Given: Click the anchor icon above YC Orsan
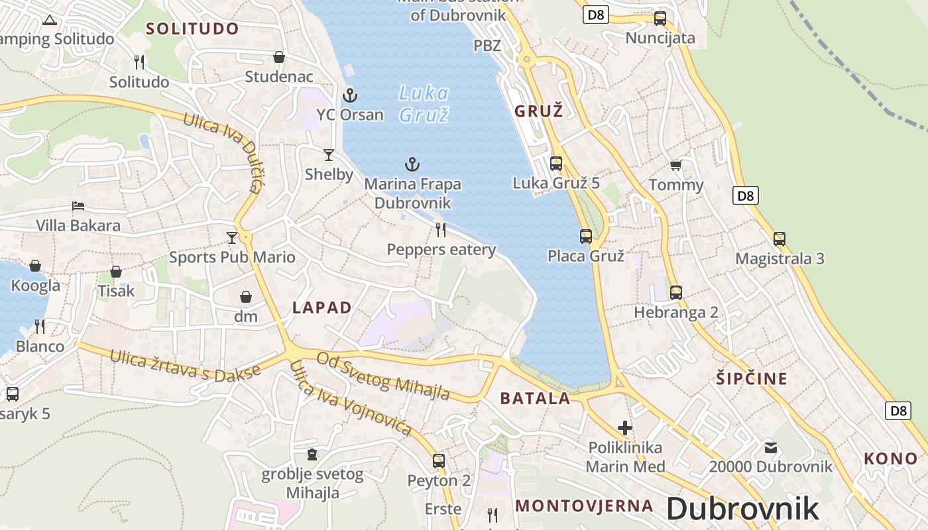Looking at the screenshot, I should point(349,96).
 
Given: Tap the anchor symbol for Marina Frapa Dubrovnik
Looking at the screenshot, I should point(412,164).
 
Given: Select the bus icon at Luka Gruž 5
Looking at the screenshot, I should point(556,163).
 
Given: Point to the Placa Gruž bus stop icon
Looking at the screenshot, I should point(586,236).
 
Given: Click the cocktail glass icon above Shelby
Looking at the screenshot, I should point(329,155).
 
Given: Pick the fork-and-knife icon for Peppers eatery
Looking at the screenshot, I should point(441,230).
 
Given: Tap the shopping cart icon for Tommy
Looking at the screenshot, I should point(675,165).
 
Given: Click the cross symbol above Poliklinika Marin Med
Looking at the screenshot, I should point(625,428).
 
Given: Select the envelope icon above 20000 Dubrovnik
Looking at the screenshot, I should point(770,447).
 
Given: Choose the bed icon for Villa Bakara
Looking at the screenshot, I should point(78,206).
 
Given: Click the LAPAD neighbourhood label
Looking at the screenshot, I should point(322,307).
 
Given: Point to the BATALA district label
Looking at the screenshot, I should point(535,398).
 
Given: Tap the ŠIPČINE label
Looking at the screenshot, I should point(752,379).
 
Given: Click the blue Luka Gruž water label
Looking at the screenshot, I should point(424,103).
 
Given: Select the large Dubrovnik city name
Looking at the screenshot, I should point(742,509).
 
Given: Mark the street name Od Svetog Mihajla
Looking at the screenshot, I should point(383,376).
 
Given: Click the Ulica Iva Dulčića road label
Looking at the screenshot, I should point(221,152).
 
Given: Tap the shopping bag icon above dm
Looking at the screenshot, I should point(246,297).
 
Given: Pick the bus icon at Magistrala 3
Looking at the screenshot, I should point(780,239).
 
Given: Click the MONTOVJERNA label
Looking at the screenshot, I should point(584,506).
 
